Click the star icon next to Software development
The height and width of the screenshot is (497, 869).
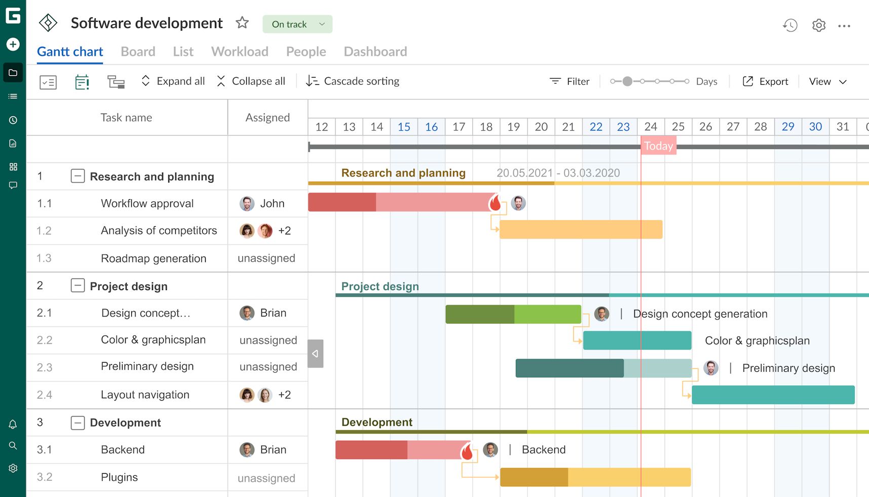242,23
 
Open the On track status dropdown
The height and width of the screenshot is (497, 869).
297,24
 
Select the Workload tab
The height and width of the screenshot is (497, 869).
240,52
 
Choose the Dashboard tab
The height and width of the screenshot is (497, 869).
375,52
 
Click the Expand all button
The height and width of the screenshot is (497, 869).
173,81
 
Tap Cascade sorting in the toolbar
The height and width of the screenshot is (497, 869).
353,81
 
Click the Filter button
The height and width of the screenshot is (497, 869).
570,82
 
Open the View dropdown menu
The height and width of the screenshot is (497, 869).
827,82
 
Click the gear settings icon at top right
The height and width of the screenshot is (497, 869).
819,25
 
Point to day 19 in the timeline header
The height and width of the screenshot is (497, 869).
513,127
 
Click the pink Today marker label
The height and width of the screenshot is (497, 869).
658,146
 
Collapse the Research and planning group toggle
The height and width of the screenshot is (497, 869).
78,176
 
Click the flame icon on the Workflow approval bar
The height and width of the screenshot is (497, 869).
495,203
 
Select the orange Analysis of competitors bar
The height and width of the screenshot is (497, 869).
581,230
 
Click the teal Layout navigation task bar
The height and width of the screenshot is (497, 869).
773,395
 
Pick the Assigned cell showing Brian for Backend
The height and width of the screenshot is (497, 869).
263,450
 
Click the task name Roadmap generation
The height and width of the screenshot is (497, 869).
154,259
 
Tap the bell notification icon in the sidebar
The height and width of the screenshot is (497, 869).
13,424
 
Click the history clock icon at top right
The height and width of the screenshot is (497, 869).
790,25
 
